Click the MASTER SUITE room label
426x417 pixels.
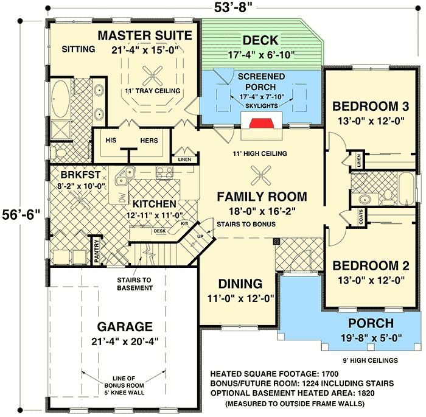145,34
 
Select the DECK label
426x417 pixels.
260,41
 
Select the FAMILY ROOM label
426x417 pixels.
262,196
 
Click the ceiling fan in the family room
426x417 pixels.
262,174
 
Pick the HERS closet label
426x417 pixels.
149,141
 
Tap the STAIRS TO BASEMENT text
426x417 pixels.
136,284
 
